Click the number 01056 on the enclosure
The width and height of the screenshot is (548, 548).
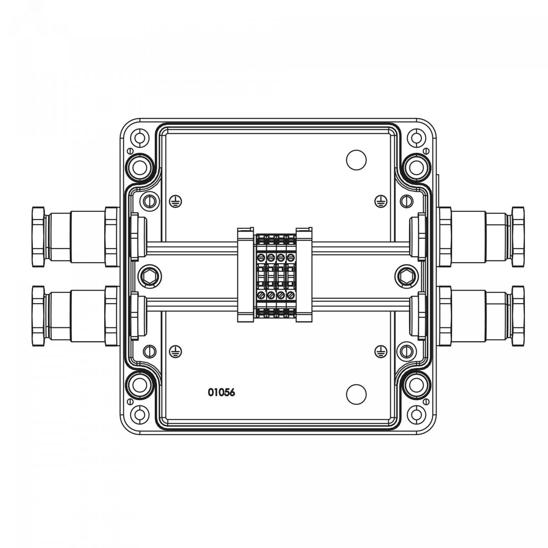pos(221,392)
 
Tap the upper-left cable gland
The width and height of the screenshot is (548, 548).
pos(76,237)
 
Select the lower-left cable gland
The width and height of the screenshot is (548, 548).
pos(76,316)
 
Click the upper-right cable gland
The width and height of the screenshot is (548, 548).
pos(480,237)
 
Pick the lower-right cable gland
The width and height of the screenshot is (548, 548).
pos(480,316)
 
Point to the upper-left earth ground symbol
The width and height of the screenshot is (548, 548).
pos(176,201)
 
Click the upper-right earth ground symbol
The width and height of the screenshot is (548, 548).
pos(381,201)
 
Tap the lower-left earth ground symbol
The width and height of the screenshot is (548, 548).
pos(175,352)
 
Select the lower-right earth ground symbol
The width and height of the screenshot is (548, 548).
pos(381,352)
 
